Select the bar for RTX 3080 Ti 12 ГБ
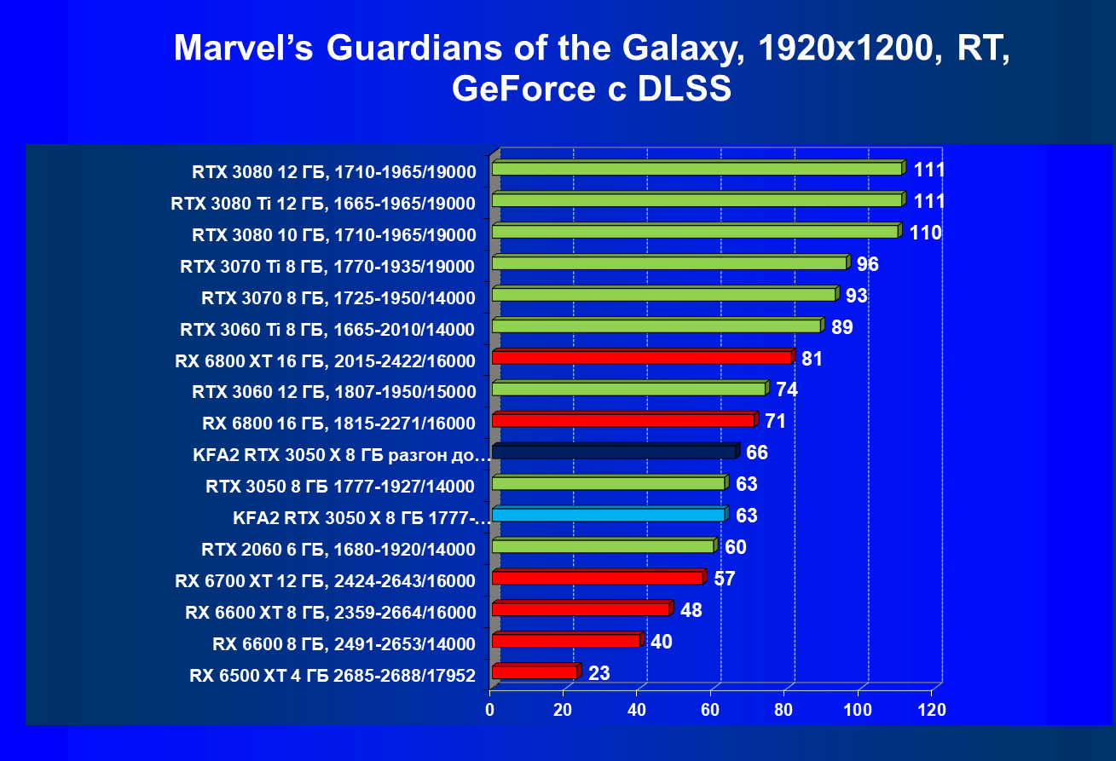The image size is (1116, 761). pyautogui.click(x=697, y=200)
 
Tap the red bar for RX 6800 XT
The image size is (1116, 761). pyautogui.click(x=641, y=358)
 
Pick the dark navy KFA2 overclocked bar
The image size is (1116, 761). pyautogui.click(x=614, y=452)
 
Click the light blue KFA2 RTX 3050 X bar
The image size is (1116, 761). pyautogui.click(x=608, y=515)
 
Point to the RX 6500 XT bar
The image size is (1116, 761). pyautogui.click(x=535, y=672)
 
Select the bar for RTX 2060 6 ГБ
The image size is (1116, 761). pyautogui.click(x=603, y=546)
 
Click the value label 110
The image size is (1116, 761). pyautogui.click(x=925, y=233)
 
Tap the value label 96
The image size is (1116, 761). pyautogui.click(x=867, y=264)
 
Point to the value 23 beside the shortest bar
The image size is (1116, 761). pyautogui.click(x=598, y=674)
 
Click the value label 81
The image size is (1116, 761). pyautogui.click(x=812, y=359)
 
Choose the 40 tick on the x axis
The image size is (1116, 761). pyautogui.click(x=637, y=709)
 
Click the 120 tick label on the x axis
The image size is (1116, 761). pyautogui.click(x=931, y=709)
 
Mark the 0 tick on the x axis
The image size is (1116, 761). pyautogui.click(x=490, y=709)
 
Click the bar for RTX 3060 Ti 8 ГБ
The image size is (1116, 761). pyautogui.click(x=656, y=326)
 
